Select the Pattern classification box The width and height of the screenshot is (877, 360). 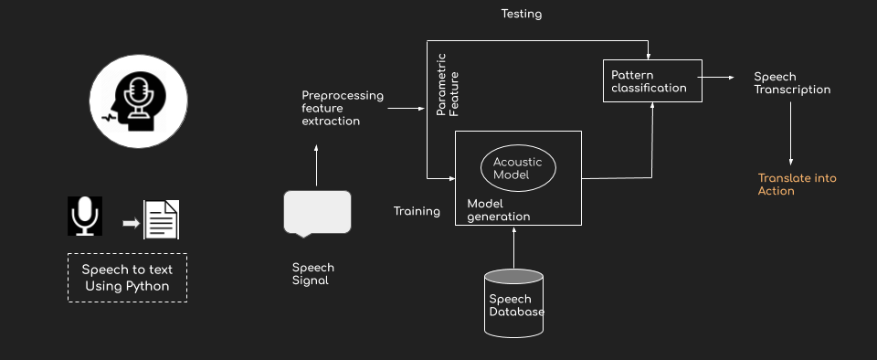(652, 80)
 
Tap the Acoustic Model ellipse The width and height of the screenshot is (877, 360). (518, 168)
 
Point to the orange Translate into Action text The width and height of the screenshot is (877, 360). (797, 185)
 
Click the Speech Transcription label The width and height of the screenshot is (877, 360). (791, 83)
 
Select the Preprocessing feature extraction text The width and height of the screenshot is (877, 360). (343, 108)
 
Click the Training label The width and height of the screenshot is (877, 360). (417, 211)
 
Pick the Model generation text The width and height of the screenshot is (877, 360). (498, 209)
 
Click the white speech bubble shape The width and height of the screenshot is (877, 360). (317, 212)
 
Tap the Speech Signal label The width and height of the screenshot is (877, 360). (312, 274)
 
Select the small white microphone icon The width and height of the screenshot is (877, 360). (85, 217)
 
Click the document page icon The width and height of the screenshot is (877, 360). (162, 219)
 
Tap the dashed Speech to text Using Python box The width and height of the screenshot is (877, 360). (127, 278)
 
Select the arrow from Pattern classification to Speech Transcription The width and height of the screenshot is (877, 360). (718, 79)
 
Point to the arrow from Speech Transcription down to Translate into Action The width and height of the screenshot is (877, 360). (790, 133)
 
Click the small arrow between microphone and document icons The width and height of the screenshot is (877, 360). (130, 221)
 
